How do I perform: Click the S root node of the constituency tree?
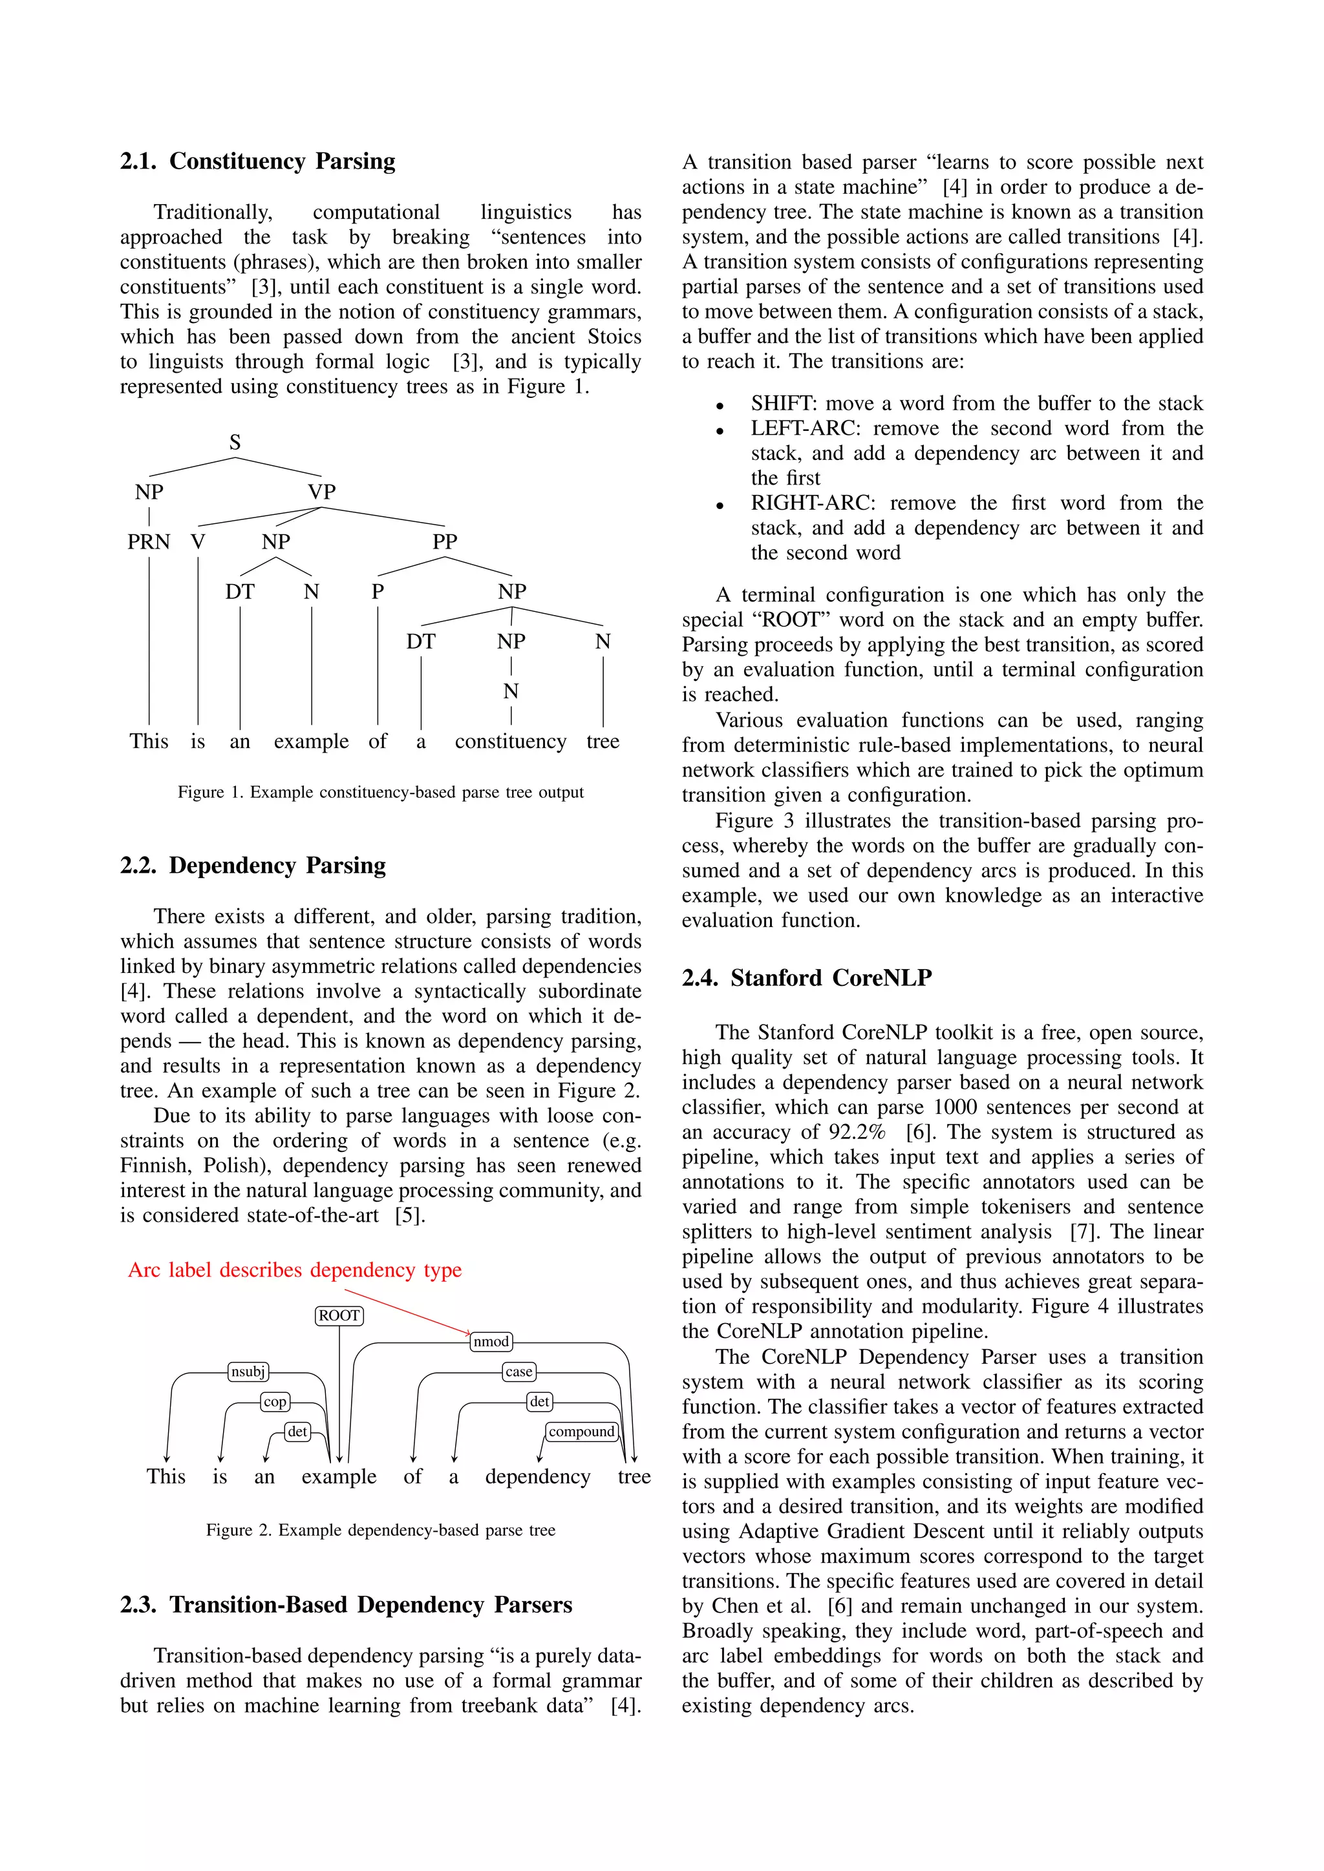coord(235,443)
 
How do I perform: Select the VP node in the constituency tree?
coord(321,492)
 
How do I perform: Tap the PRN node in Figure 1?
coord(149,542)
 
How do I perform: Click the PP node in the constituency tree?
coord(444,542)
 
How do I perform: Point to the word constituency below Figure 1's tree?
coord(510,742)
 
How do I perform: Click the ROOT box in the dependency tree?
coord(339,1315)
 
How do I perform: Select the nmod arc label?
coord(491,1341)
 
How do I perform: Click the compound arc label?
coord(581,1432)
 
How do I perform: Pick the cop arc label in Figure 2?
coord(275,1401)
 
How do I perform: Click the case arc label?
coord(518,1372)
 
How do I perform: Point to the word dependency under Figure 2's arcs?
coord(537,1477)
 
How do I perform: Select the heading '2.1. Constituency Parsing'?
coord(258,162)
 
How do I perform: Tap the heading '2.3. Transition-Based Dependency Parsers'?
coord(346,1605)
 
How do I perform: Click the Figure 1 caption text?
coord(381,792)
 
